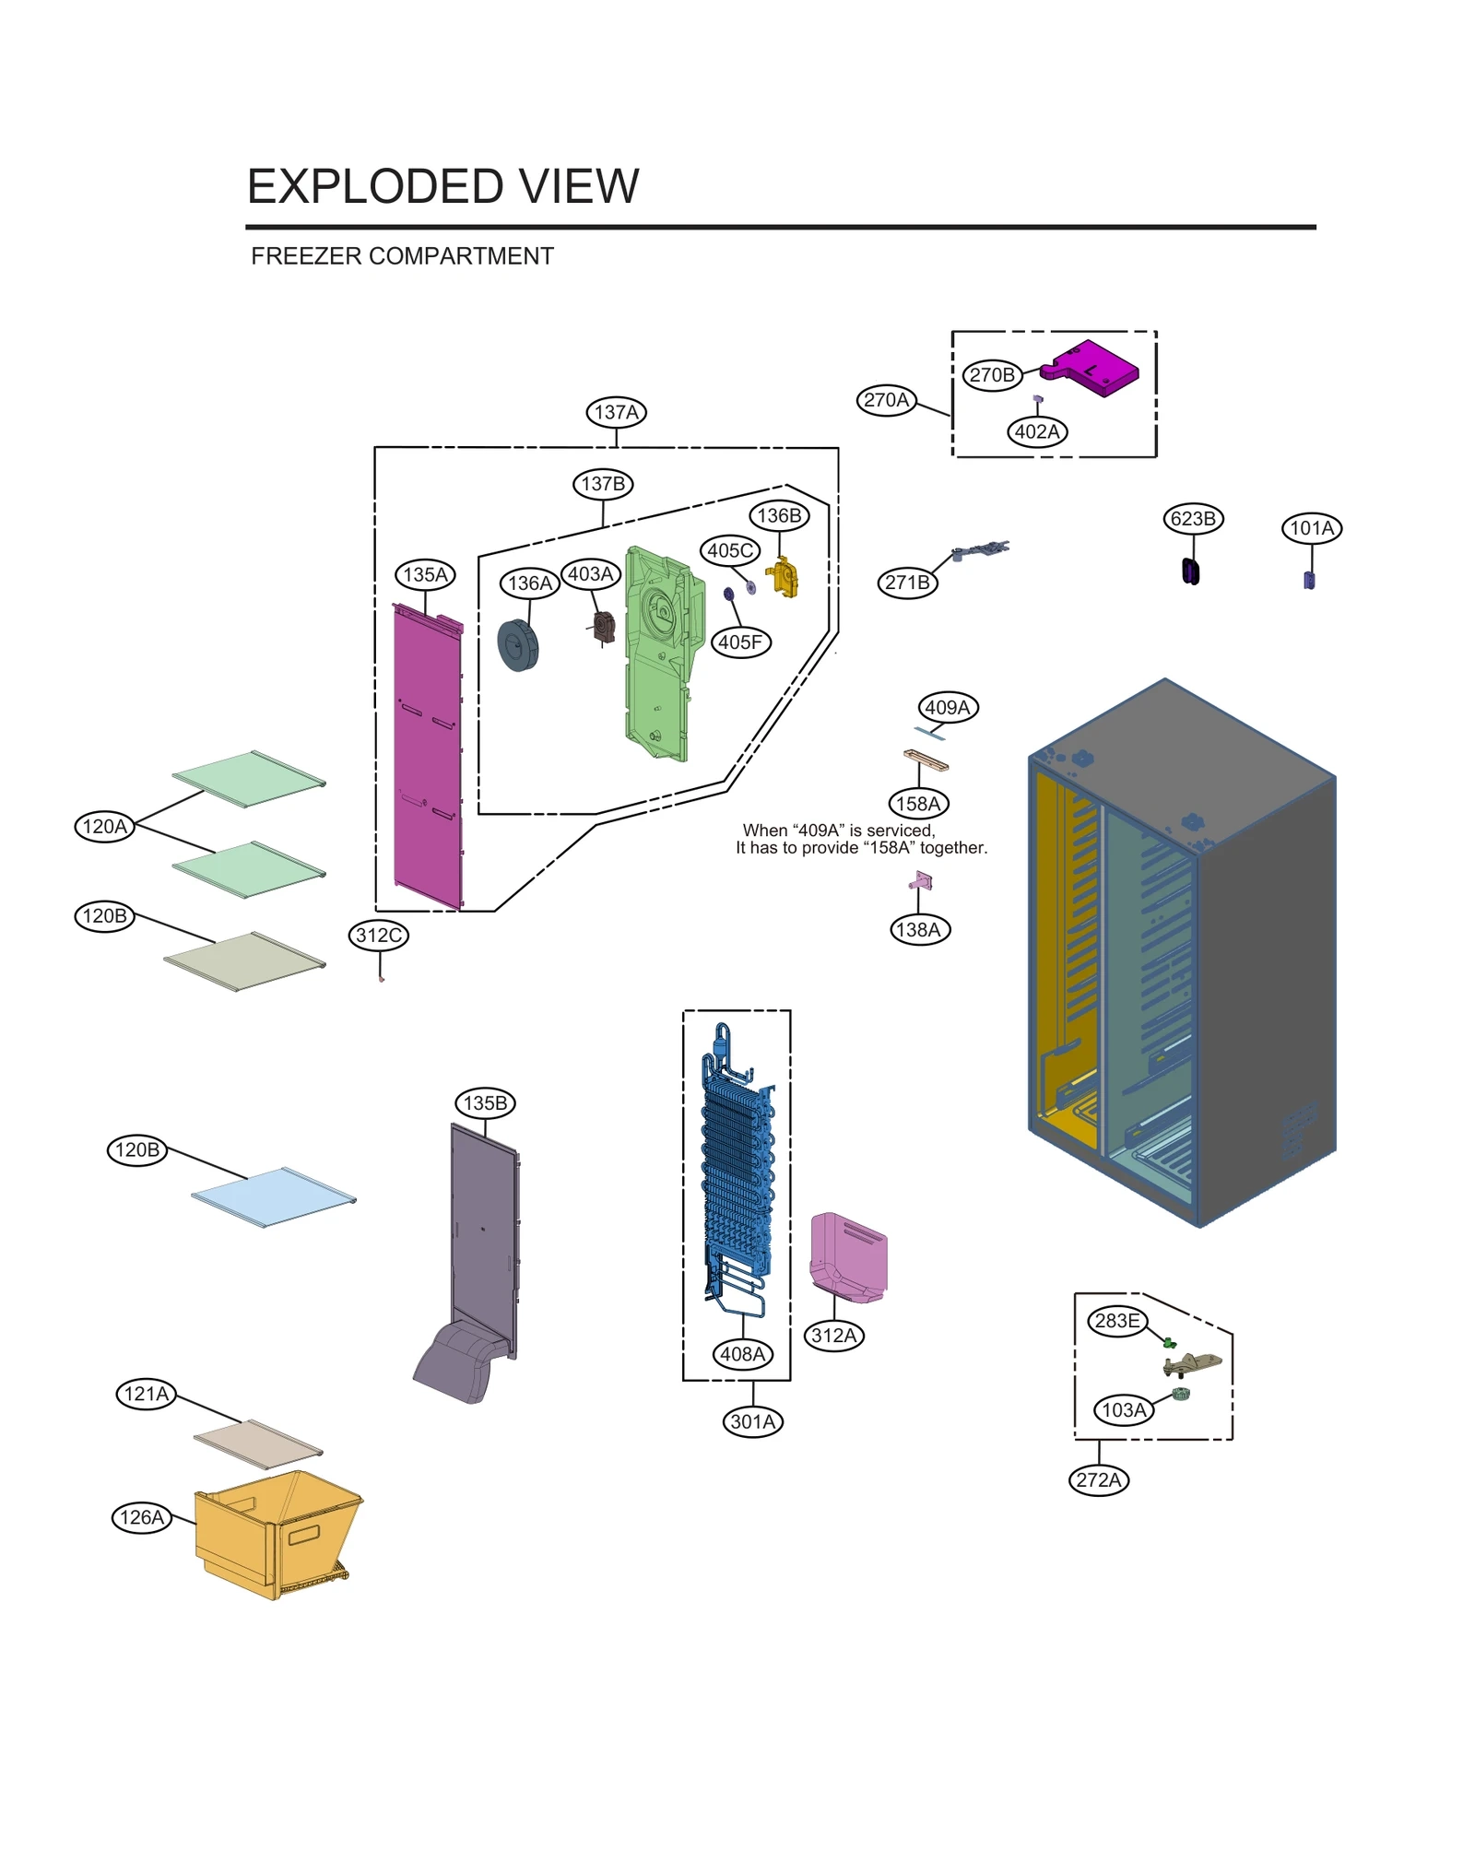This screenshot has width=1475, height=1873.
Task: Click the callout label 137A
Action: click(x=616, y=412)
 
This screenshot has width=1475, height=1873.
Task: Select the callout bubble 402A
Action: click(x=1037, y=431)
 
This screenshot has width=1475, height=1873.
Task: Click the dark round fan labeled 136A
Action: click(x=518, y=644)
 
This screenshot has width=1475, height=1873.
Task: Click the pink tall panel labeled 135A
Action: click(x=428, y=756)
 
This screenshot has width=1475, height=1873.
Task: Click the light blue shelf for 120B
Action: click(x=274, y=1196)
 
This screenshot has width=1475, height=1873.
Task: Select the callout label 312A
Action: click(x=833, y=1336)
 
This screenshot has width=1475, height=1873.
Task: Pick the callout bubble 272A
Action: click(x=1098, y=1479)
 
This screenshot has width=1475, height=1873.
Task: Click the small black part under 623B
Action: click(x=1191, y=572)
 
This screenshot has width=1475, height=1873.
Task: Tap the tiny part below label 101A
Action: click(x=1309, y=580)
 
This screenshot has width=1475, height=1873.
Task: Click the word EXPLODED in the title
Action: click(x=373, y=186)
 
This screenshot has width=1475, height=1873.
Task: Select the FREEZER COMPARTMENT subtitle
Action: click(x=402, y=256)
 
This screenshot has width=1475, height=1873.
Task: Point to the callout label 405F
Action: click(x=740, y=642)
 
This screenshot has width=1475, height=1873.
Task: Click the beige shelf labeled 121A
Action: click(x=258, y=1443)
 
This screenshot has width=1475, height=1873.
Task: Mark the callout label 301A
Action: click(x=752, y=1421)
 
